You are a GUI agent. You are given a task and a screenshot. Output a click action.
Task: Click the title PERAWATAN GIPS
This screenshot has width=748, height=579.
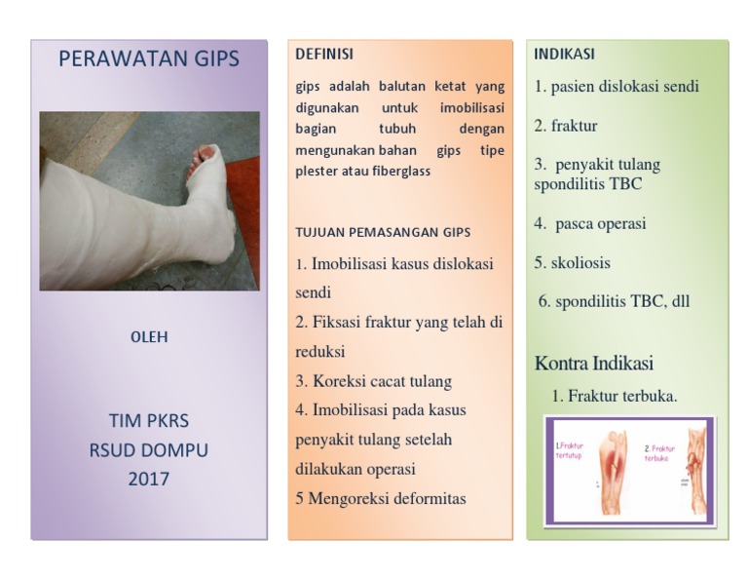point(148,58)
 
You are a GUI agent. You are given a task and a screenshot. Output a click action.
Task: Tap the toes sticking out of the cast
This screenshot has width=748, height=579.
point(206,154)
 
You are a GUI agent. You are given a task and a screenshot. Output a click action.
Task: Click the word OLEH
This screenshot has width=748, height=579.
point(149,337)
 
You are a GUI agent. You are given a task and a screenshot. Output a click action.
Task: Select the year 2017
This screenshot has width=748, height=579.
point(148,479)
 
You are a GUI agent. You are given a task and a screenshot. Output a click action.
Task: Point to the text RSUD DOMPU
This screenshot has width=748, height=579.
point(148,450)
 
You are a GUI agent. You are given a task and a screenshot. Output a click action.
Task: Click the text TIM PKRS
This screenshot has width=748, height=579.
point(148,421)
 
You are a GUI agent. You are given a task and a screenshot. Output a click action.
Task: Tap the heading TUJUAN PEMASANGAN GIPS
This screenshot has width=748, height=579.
point(383,232)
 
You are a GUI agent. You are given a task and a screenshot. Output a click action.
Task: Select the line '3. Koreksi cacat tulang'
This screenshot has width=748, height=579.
point(373,381)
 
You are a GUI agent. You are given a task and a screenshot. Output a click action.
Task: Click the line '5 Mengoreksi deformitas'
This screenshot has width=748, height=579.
point(381,498)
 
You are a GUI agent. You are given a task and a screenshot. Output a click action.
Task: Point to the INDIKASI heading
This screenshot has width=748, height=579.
point(564,55)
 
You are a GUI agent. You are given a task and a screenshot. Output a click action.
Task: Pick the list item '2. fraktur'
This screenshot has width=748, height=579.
point(566,126)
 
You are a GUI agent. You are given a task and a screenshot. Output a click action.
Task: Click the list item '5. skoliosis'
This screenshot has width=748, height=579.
point(573,262)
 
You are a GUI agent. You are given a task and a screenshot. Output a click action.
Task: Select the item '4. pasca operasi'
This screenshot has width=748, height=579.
point(590,223)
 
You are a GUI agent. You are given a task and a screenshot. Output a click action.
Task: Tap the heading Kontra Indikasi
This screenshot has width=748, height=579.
point(594,364)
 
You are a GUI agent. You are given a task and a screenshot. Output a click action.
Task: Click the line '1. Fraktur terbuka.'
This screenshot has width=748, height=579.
point(615,396)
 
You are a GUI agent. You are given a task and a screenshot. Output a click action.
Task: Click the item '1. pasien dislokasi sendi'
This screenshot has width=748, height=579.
point(617,86)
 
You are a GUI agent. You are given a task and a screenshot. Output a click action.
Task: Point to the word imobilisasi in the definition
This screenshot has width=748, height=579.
point(471,106)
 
